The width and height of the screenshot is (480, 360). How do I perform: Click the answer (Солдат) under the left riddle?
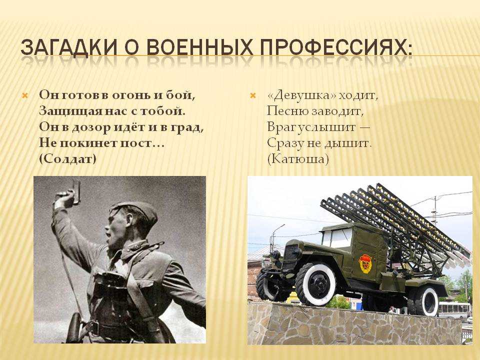(67, 159)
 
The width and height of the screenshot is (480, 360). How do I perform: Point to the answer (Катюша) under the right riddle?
(298, 159)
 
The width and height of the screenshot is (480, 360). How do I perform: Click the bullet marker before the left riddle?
(25, 96)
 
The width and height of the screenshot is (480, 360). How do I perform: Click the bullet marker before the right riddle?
(253, 96)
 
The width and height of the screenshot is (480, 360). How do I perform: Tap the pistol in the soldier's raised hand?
(76, 192)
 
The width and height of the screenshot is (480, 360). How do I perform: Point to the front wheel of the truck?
(316, 284)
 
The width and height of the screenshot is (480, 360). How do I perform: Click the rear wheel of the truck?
(425, 301)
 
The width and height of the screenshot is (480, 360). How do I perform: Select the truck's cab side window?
(341, 238)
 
